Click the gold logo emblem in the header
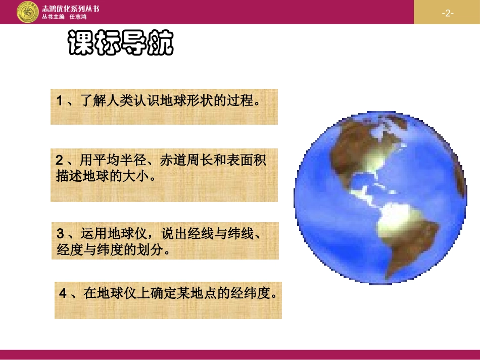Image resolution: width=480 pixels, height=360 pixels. coord(27,12)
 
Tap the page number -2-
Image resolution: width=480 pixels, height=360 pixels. coord(447,13)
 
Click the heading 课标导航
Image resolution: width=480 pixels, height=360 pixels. coord(121,44)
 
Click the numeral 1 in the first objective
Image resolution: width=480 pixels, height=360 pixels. coord(60,100)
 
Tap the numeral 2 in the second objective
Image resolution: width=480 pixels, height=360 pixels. coord(60,161)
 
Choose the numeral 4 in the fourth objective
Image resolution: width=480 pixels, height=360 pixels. coord(63,293)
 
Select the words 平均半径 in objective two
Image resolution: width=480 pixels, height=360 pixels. coord(118,161)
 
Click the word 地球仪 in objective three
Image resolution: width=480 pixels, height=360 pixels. coord(128,234)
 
